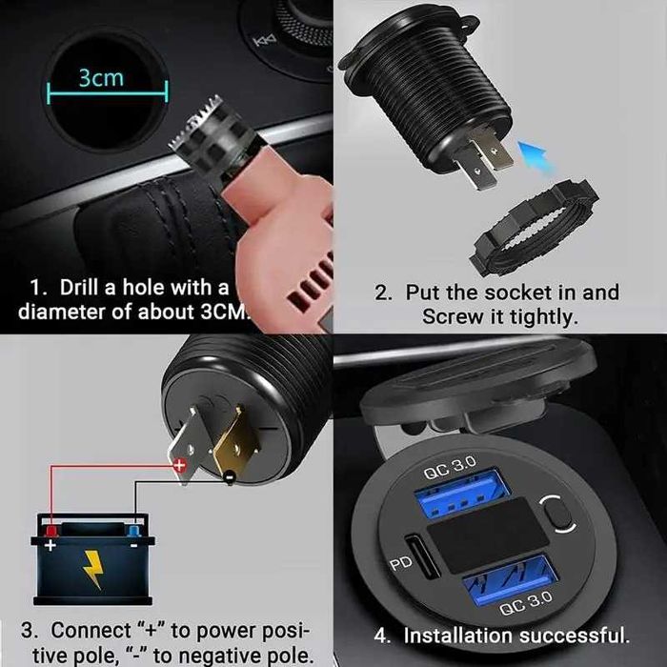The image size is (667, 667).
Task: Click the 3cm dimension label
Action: (101, 77)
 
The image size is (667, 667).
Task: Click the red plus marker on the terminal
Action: (177, 466)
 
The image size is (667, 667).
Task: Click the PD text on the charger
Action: (401, 565)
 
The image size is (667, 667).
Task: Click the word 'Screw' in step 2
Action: (455, 318)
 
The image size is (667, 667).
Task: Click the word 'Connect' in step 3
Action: (90, 631)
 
